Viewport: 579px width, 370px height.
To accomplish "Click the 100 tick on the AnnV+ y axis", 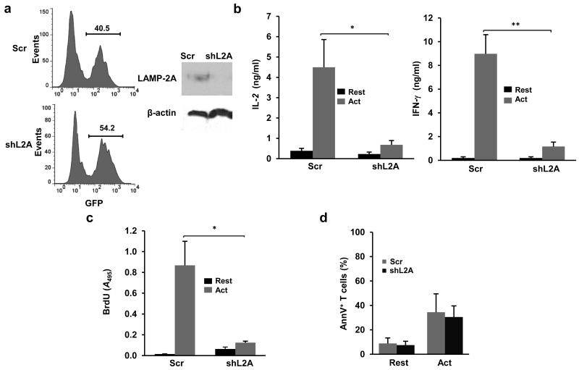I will click(358, 232).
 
